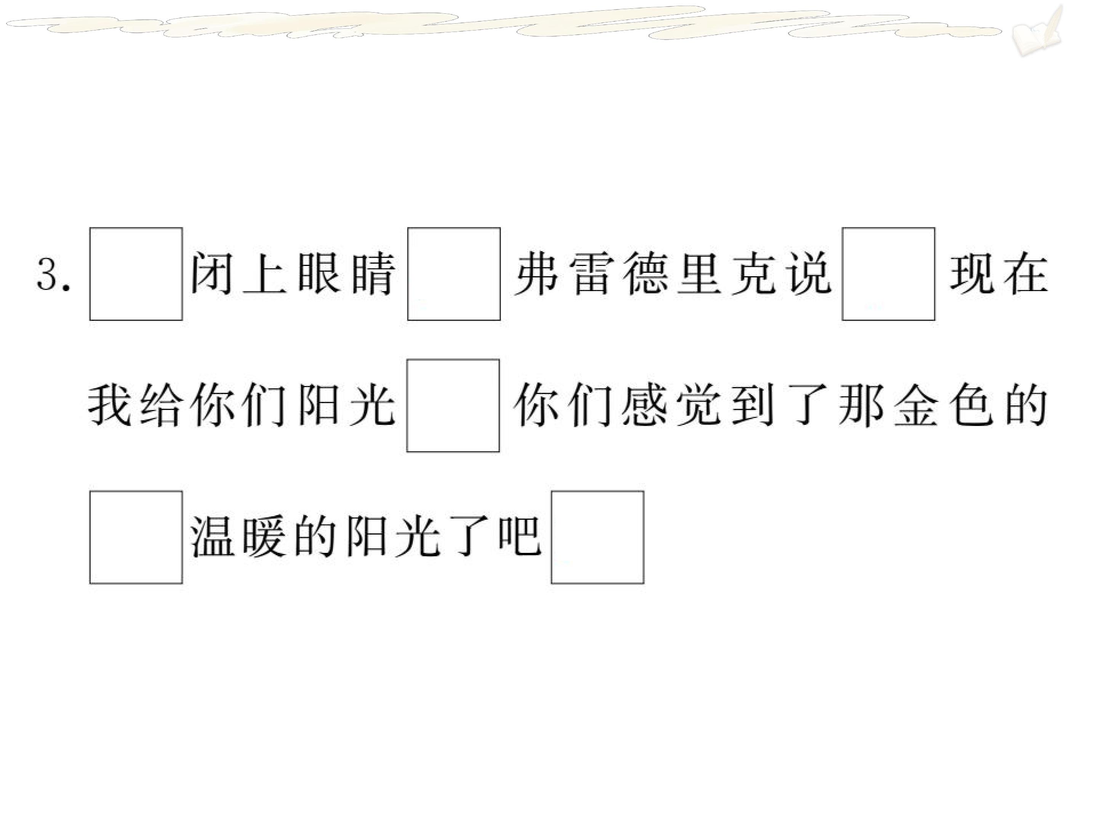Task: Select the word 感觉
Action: coord(672,405)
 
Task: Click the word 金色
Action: coord(944,405)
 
